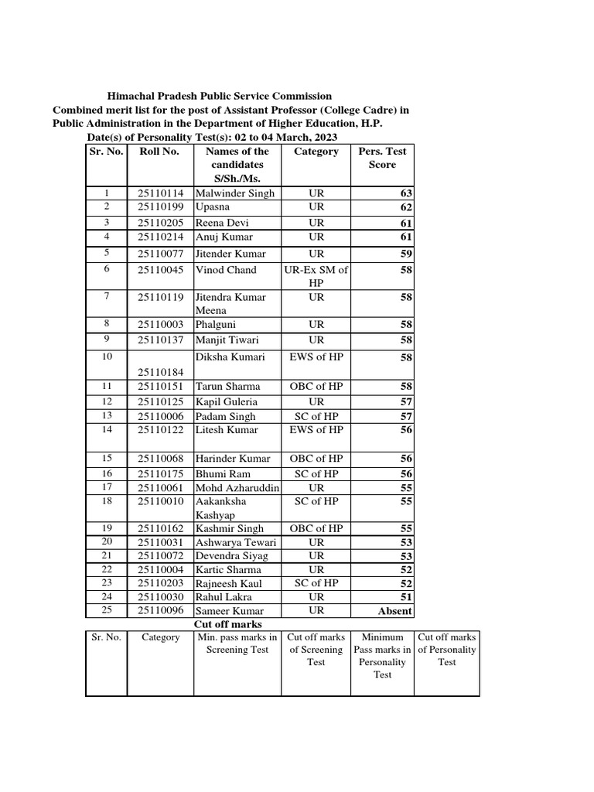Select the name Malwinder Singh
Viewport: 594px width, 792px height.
pyautogui.click(x=235, y=193)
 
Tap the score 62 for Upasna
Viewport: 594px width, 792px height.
pyautogui.click(x=406, y=208)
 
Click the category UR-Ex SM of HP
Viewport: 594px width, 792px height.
pyautogui.click(x=316, y=276)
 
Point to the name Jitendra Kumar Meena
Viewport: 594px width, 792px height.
pyautogui.click(x=230, y=303)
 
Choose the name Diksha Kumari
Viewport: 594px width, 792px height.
pyautogui.click(x=230, y=357)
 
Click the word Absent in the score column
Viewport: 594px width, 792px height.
pyautogui.click(x=394, y=612)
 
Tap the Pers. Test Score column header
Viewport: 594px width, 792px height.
pyautogui.click(x=382, y=158)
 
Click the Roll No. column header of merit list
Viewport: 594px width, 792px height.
pyautogui.click(x=159, y=152)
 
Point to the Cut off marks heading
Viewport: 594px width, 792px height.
pyautogui.click(x=227, y=624)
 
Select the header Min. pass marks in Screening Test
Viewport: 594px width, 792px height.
pyautogui.click(x=237, y=643)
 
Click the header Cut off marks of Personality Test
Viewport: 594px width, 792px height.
pyautogui.click(x=446, y=650)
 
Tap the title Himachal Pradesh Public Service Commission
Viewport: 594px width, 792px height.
pyautogui.click(x=219, y=96)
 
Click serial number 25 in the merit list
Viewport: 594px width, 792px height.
pyautogui.click(x=108, y=611)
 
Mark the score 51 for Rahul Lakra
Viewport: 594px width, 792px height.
pyautogui.click(x=406, y=597)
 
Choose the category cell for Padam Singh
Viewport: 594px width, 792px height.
pyautogui.click(x=316, y=416)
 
